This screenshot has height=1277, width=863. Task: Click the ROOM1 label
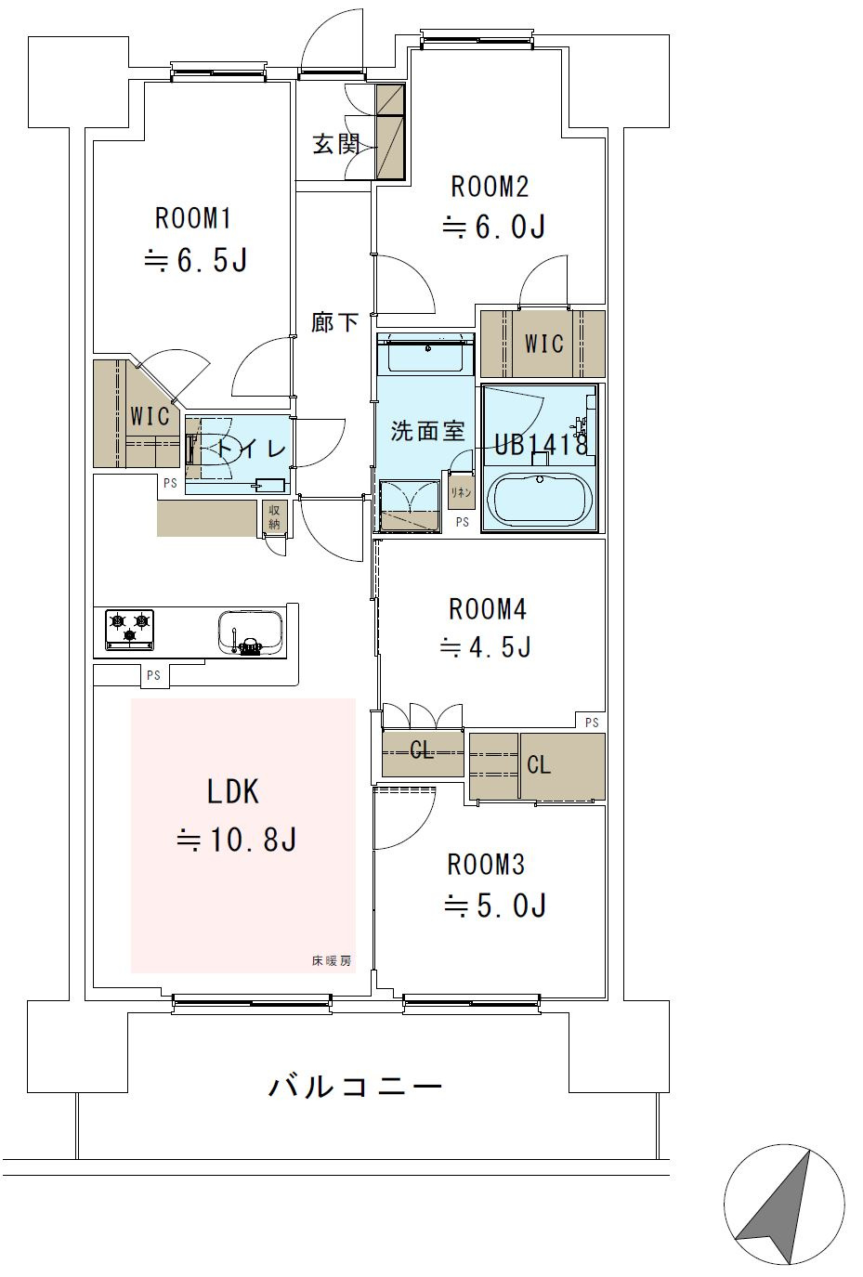(x=193, y=218)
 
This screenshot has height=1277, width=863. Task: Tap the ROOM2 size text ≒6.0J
(x=494, y=227)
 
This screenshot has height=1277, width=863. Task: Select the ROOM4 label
(x=487, y=609)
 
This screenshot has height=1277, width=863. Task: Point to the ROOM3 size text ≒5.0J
(x=495, y=905)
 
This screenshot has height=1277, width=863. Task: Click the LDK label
(x=233, y=792)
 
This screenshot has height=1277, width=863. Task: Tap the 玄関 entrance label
(x=336, y=144)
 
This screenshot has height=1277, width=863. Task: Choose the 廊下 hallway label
(x=334, y=322)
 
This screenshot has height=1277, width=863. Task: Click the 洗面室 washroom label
(x=428, y=431)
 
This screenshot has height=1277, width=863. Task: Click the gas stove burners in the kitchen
(x=129, y=629)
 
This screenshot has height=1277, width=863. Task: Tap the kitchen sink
(x=251, y=633)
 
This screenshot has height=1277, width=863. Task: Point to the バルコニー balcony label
(x=355, y=1087)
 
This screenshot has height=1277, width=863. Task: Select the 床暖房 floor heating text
(x=332, y=960)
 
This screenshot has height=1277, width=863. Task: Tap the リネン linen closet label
(x=461, y=492)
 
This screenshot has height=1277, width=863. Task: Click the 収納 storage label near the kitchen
(x=274, y=517)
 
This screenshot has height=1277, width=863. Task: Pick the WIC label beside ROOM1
(x=150, y=417)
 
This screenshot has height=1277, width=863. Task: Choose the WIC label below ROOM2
(x=544, y=344)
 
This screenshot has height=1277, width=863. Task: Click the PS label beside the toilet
(x=170, y=483)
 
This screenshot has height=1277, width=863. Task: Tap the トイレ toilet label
(x=251, y=449)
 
